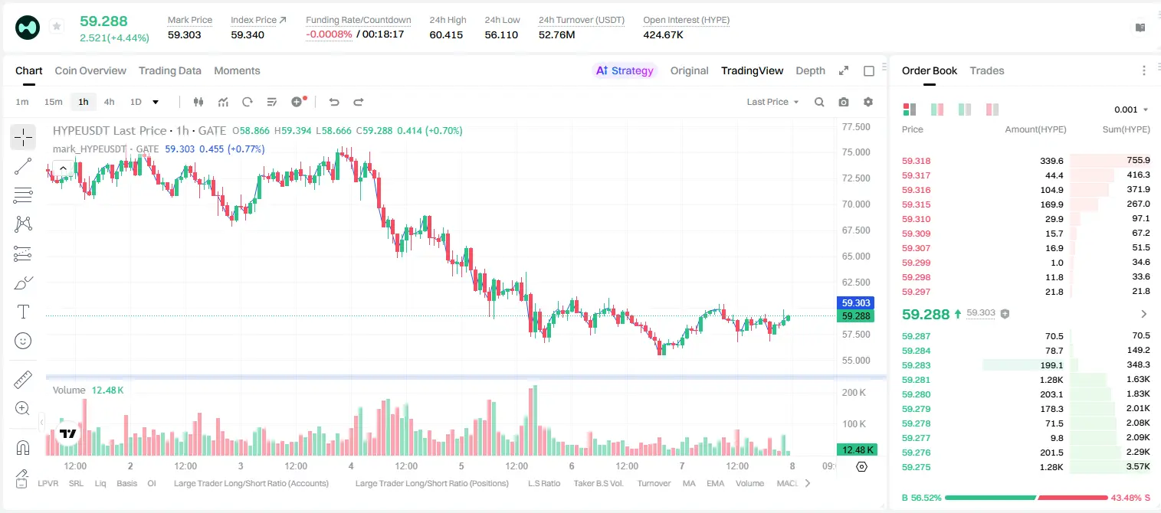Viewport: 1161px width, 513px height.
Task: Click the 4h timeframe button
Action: pyautogui.click(x=109, y=102)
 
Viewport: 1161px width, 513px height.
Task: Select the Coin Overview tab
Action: pyautogui.click(x=90, y=70)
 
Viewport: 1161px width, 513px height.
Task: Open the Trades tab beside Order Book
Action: pyautogui.click(x=987, y=70)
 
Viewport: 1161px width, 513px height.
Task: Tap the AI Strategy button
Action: pyautogui.click(x=625, y=70)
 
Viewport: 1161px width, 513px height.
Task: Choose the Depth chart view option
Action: pyautogui.click(x=810, y=70)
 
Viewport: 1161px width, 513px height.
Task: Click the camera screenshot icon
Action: pyautogui.click(x=844, y=102)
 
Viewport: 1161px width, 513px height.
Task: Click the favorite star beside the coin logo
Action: pyautogui.click(x=57, y=26)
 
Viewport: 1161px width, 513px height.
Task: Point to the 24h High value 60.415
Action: pyautogui.click(x=446, y=34)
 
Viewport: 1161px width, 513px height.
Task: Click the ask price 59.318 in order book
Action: pyautogui.click(x=916, y=161)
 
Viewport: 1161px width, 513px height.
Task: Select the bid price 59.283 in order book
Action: pyautogui.click(x=916, y=365)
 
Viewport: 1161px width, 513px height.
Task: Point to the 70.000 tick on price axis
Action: pyautogui.click(x=856, y=204)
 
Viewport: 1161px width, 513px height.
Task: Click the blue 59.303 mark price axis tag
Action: pyautogui.click(x=856, y=303)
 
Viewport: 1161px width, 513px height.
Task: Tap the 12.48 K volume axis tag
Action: pyautogui.click(x=856, y=450)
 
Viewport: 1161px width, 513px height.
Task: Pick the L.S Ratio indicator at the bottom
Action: pyautogui.click(x=543, y=483)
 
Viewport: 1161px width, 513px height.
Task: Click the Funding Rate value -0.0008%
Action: pyautogui.click(x=329, y=34)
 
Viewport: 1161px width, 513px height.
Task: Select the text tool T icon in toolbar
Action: pyautogui.click(x=23, y=312)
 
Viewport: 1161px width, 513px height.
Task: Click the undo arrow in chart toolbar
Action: pyautogui.click(x=334, y=102)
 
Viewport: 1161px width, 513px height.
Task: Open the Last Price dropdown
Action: pyautogui.click(x=772, y=102)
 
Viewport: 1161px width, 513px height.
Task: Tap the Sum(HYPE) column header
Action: pyautogui.click(x=1126, y=129)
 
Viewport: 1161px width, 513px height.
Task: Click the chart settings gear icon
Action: pyautogui.click(x=868, y=102)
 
